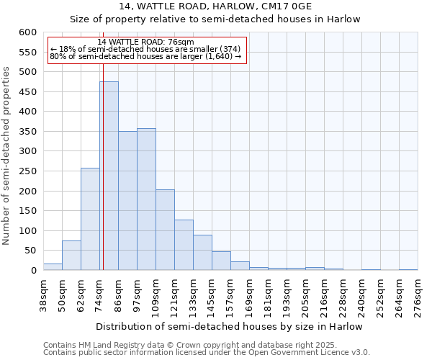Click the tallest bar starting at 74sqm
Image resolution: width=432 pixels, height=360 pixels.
pyautogui.click(x=109, y=176)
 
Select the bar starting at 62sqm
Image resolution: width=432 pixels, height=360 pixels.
pyautogui.click(x=90, y=219)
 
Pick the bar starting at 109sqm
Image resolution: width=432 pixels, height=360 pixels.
pyautogui.click(x=165, y=230)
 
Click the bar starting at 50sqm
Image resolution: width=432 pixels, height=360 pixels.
pyautogui.click(x=71, y=256)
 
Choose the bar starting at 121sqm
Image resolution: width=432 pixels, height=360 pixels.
pyautogui.click(x=184, y=245)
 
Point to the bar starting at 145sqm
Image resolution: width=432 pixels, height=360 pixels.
pyautogui.click(x=221, y=261)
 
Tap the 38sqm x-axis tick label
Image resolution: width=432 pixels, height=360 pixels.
pyautogui.click(x=43, y=295)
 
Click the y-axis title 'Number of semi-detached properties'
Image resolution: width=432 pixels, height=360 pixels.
pyautogui.click(x=6, y=156)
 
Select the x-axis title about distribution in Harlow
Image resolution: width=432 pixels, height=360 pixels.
pyautogui.click(x=230, y=326)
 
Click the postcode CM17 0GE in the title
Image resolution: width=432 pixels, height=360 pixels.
pyautogui.click(x=320, y=6)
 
